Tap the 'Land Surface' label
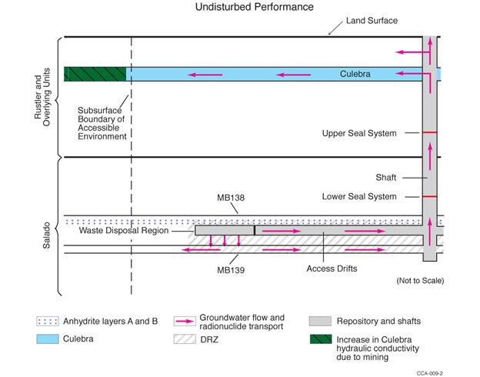click(372, 20)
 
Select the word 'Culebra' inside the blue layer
click(355, 75)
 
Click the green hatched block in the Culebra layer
click(95, 74)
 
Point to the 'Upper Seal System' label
click(360, 133)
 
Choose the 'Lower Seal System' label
click(360, 196)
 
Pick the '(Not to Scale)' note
click(420, 279)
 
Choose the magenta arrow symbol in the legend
click(182, 319)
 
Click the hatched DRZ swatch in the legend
click(182, 337)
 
